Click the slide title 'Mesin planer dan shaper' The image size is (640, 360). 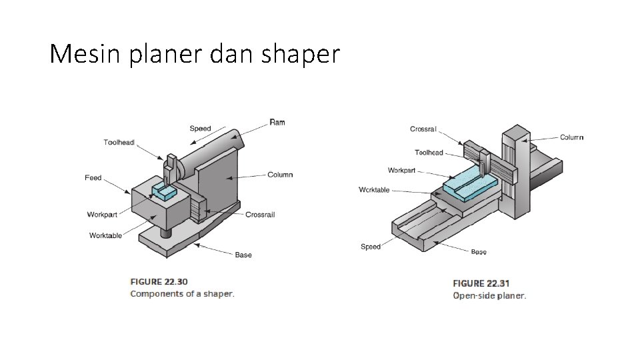[x=195, y=54]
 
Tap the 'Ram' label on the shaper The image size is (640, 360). [x=277, y=122]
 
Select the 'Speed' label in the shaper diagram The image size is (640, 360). [x=200, y=129]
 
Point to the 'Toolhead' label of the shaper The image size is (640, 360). [x=119, y=142]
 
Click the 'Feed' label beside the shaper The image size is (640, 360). [x=93, y=178]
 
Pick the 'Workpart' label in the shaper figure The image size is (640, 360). [x=102, y=215]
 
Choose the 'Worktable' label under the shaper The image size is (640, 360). [x=105, y=235]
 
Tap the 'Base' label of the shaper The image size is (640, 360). [x=243, y=255]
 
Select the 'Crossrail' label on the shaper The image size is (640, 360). [x=260, y=215]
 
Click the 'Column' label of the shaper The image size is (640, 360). [x=280, y=175]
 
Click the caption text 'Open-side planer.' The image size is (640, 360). [x=489, y=295]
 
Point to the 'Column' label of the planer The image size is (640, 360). [x=571, y=137]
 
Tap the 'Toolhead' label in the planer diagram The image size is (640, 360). [x=429, y=153]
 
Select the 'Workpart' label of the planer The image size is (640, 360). [x=401, y=170]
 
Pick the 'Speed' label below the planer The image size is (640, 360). [x=371, y=247]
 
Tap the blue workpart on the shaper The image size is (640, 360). [x=164, y=191]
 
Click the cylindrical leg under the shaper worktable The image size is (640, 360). [x=165, y=231]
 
